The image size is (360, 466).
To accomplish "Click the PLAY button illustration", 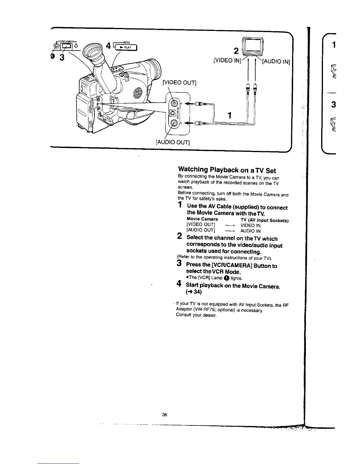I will (x=125, y=47).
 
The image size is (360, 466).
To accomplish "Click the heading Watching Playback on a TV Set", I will (x=227, y=170).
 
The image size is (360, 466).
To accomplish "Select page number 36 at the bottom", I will (x=164, y=415).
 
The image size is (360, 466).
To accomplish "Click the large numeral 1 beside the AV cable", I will (x=230, y=115).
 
